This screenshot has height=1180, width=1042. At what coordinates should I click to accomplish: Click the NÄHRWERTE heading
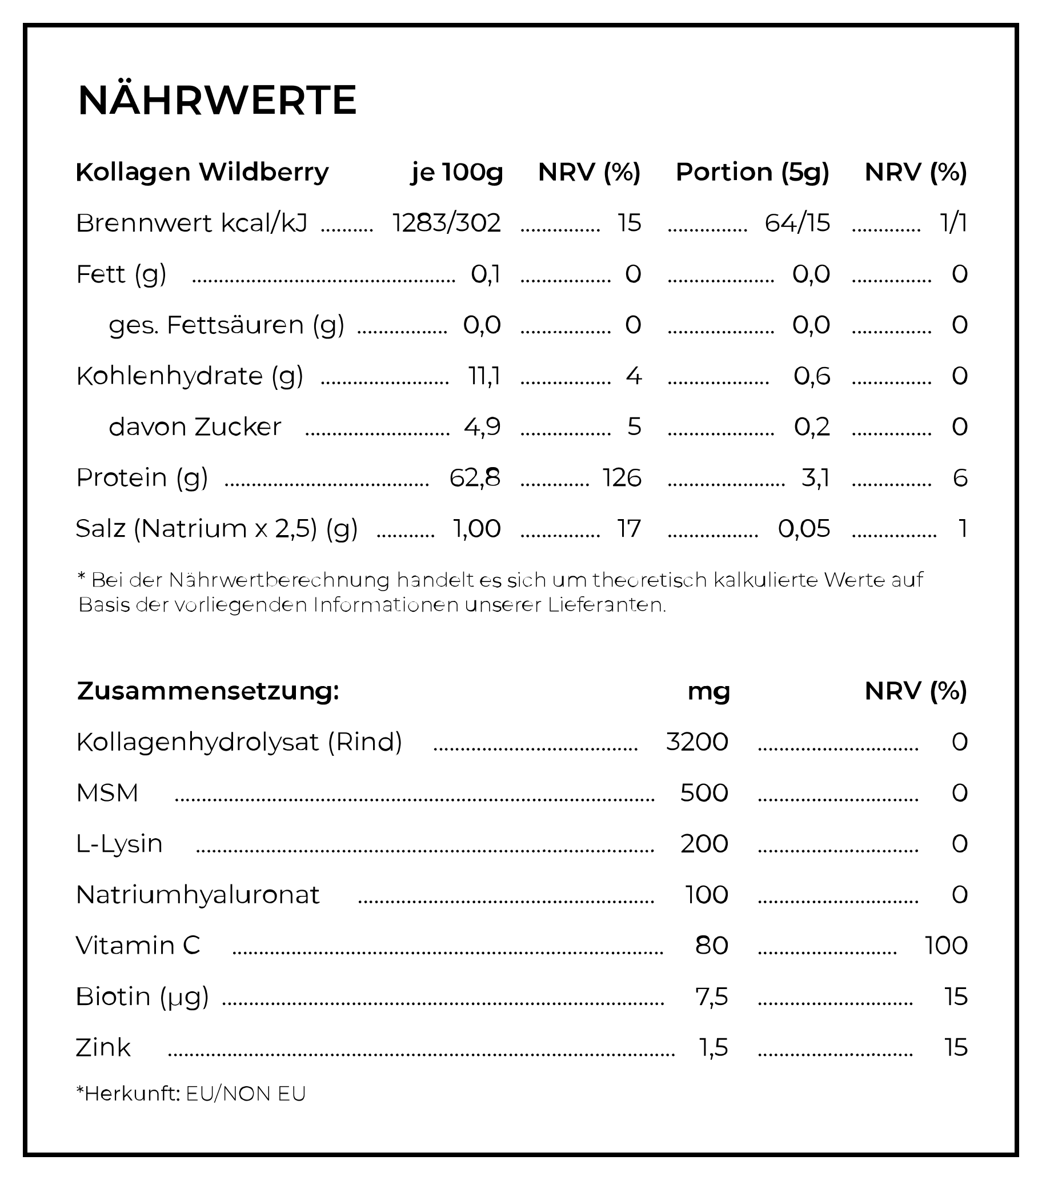point(217,101)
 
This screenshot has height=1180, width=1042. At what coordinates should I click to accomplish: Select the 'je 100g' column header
point(457,172)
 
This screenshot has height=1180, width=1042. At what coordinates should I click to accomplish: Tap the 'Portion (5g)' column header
point(752,172)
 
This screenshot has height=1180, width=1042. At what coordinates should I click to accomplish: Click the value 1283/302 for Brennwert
point(447,223)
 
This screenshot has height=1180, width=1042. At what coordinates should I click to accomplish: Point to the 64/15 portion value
point(797,223)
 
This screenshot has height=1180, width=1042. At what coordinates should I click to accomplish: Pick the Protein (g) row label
point(142,478)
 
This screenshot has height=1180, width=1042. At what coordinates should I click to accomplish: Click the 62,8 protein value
point(475,478)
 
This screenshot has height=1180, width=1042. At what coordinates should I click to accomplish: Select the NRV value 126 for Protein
point(622,478)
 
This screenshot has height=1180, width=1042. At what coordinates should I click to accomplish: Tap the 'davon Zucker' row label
point(195,427)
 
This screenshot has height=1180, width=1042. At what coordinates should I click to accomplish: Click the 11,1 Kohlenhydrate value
point(484,376)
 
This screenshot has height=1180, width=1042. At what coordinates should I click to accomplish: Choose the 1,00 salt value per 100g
point(476,529)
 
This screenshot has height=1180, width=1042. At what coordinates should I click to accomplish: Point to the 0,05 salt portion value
point(804,529)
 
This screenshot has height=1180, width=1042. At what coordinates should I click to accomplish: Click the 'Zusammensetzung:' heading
point(209,691)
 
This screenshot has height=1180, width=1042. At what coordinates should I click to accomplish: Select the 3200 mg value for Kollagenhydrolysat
point(697,742)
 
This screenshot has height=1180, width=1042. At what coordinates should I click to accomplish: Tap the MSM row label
point(107,793)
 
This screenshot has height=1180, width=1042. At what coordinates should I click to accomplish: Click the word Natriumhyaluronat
point(197,895)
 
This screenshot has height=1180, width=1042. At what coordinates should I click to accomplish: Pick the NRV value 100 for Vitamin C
point(946,946)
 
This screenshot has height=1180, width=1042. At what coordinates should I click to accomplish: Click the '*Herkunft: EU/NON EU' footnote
point(191,1094)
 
